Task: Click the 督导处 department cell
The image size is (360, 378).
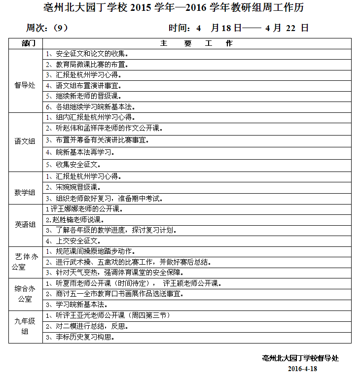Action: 25,85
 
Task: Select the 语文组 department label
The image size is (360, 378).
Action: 25,141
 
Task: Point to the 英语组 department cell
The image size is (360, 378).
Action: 25,225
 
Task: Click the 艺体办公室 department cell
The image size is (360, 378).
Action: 25,262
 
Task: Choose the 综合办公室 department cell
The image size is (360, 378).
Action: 25,294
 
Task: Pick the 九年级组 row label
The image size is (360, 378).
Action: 25,326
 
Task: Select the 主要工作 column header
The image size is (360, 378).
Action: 196,43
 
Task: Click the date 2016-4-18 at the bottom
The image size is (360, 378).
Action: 301,368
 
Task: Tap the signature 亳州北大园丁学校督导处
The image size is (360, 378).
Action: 300,358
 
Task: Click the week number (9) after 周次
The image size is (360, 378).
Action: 61,28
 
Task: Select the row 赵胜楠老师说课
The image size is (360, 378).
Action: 74,219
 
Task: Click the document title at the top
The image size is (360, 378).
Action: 180,8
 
